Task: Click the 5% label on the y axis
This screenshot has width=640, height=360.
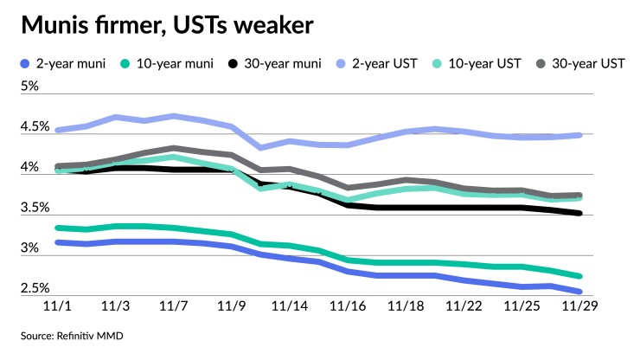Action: point(30,86)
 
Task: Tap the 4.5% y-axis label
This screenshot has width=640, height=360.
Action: point(35,126)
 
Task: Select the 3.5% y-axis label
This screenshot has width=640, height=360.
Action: point(35,208)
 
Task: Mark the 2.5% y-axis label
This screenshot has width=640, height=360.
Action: point(35,288)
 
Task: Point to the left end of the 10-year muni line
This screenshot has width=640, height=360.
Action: point(57,228)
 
